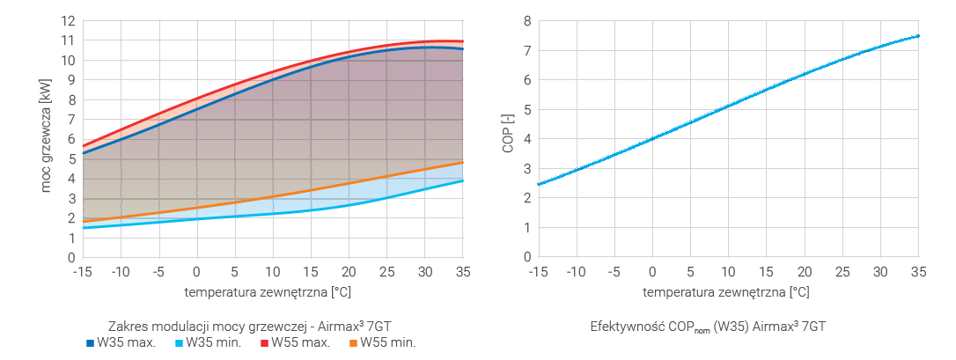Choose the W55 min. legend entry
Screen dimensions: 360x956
(382, 342)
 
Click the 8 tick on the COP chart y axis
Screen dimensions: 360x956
(526, 20)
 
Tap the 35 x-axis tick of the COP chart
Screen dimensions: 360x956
(917, 272)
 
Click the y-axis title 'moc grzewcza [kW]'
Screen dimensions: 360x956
(47, 139)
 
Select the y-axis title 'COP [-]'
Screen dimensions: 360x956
(508, 139)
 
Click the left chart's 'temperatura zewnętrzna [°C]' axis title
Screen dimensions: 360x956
(272, 291)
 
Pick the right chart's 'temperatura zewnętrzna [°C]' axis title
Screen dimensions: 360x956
(726, 291)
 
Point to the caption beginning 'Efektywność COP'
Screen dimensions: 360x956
(708, 327)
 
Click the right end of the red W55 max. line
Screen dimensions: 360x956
(463, 41)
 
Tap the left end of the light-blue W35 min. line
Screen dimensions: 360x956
(84, 228)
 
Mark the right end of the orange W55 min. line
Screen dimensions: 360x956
(463, 163)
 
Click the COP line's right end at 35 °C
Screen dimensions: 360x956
(917, 36)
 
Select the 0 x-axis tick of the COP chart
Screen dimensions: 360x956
(652, 272)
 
